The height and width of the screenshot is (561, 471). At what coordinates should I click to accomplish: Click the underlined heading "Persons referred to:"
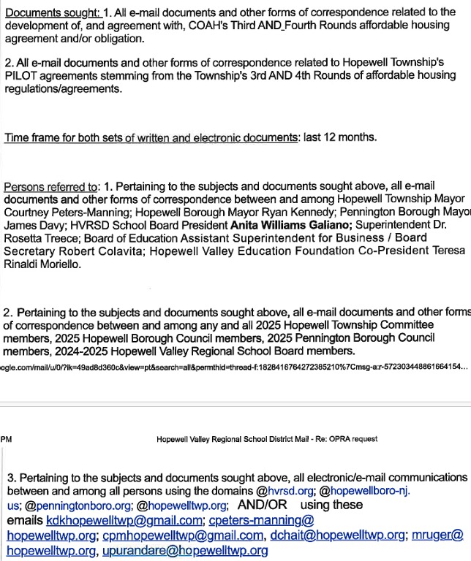50,187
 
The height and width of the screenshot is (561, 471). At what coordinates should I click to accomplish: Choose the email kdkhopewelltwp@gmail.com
124,521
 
